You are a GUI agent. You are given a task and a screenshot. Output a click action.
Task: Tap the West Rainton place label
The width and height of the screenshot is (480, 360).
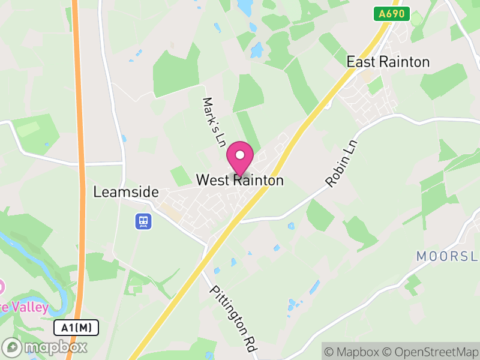click(x=240, y=180)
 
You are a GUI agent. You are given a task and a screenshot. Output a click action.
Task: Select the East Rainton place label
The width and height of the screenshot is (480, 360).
click(x=388, y=62)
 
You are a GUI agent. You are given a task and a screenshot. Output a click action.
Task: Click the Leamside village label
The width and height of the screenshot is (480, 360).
click(x=126, y=193)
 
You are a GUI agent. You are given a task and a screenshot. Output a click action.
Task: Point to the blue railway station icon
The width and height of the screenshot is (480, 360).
click(x=143, y=221)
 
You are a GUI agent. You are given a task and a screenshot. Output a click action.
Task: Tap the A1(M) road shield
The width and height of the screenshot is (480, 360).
click(x=76, y=328)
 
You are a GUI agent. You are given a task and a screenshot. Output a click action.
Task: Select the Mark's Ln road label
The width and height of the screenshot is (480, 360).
click(x=213, y=122)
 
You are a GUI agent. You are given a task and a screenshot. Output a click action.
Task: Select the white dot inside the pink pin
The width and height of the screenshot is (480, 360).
click(x=240, y=155)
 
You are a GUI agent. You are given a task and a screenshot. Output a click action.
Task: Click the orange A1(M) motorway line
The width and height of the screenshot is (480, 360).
click(x=78, y=180)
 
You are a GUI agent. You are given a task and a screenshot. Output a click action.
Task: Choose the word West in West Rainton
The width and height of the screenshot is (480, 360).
click(x=211, y=180)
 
